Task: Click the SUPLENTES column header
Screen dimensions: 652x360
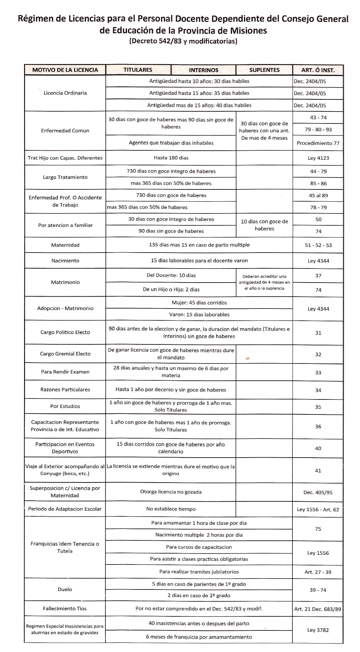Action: tap(264, 70)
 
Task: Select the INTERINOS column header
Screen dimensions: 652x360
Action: tap(203, 70)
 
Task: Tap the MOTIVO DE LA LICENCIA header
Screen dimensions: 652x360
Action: tap(65, 70)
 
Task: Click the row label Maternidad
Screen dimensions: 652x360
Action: tap(65, 245)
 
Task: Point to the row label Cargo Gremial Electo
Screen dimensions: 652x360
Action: tap(65, 354)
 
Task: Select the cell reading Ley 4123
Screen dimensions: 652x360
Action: tap(318, 158)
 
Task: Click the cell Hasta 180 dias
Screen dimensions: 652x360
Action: tap(171, 158)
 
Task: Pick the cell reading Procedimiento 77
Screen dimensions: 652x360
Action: tap(318, 143)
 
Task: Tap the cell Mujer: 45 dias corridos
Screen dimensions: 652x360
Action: tap(199, 303)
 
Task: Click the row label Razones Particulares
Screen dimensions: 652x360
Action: tap(65, 389)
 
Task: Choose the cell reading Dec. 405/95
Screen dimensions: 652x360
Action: tap(318, 492)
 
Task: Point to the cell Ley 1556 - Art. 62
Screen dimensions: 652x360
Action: tap(318, 509)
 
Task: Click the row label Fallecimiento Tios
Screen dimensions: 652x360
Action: tap(65, 609)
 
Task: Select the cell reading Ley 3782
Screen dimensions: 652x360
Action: tap(318, 630)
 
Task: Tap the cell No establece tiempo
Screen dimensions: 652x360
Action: tap(171, 509)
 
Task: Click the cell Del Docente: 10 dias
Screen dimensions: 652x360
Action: tap(171, 275)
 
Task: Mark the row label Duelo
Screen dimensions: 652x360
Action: tap(65, 589)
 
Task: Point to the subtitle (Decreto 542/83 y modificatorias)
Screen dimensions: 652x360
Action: tap(183, 41)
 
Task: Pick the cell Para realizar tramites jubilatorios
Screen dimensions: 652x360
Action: tap(199, 572)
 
